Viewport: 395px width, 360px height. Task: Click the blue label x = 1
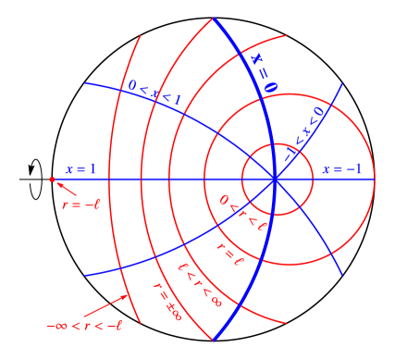point(80,169)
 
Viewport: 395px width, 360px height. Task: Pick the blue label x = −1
point(342,169)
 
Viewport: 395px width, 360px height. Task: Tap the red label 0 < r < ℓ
point(243,212)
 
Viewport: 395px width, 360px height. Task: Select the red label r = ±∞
point(167,304)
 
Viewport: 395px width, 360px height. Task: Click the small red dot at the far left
point(52,180)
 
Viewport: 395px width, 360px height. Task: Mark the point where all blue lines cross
point(275,180)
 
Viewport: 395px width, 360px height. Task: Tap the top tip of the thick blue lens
point(214,18)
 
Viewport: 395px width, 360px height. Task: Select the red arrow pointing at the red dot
point(64,191)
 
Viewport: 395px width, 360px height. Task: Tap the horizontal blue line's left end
point(54,180)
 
